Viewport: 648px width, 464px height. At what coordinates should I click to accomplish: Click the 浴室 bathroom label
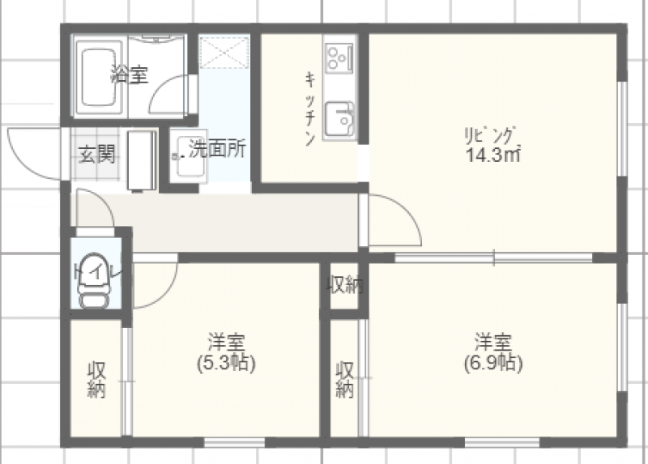[x=130, y=74]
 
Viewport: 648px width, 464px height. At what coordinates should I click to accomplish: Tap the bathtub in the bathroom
[x=98, y=77]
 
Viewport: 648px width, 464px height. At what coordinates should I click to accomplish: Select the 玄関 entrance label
[x=96, y=154]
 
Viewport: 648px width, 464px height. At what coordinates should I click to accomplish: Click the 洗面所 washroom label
[x=217, y=149]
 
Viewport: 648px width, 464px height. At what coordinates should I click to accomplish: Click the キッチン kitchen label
[x=310, y=109]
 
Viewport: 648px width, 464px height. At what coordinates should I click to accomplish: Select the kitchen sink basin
[x=339, y=119]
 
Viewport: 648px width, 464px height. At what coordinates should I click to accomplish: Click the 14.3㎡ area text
[x=492, y=155]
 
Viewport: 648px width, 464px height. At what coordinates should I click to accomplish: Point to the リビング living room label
[x=491, y=135]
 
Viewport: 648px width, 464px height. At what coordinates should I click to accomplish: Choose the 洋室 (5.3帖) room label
[x=226, y=353]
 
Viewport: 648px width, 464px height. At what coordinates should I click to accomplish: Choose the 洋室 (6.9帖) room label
[x=493, y=353]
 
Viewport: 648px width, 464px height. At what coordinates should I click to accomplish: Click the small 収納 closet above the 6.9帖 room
[x=346, y=285]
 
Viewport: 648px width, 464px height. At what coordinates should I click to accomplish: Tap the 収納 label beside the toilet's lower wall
[x=96, y=380]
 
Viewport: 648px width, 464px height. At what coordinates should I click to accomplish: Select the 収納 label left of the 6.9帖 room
[x=345, y=380]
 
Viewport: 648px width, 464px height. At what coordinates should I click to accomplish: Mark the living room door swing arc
[x=407, y=211]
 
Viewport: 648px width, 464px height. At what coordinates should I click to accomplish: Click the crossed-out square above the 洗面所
[x=224, y=53]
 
